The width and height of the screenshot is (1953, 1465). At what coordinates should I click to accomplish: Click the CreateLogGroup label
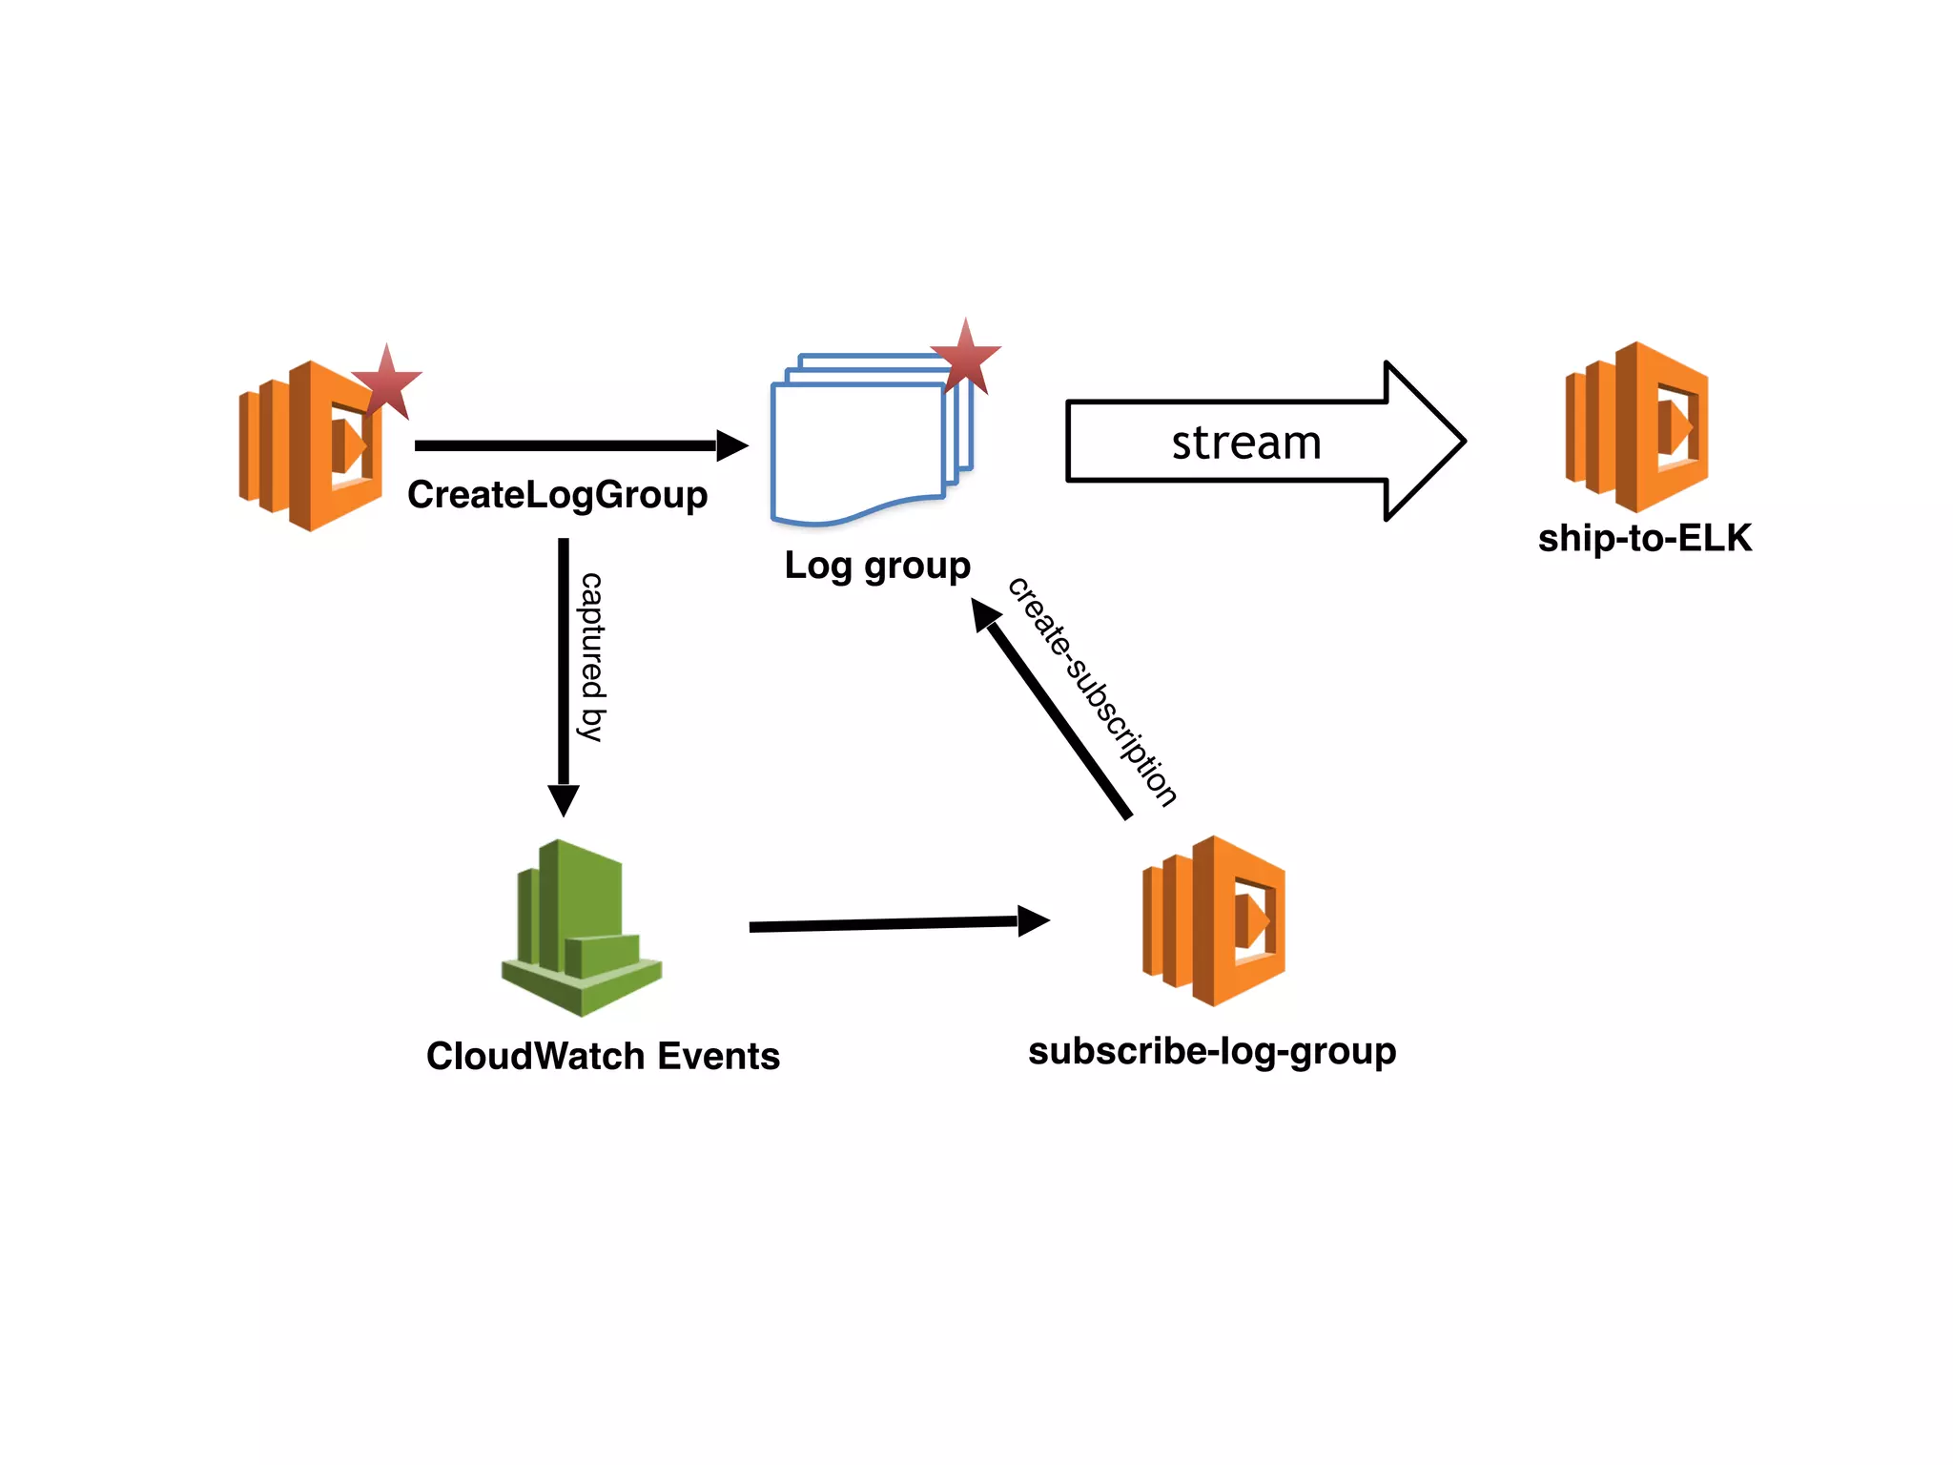tap(557, 495)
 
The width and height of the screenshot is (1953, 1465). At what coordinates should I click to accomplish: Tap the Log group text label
tap(876, 565)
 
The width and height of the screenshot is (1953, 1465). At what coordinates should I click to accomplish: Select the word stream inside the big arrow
tap(1245, 443)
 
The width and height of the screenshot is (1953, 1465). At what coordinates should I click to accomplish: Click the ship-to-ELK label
tap(1644, 538)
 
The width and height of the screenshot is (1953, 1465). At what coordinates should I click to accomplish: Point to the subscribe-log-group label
tap(1212, 1051)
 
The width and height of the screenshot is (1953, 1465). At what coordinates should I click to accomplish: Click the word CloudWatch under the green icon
tap(535, 1056)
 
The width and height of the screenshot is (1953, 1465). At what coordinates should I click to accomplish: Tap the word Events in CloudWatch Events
tap(718, 1056)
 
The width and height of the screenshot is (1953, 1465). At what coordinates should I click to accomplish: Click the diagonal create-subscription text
tap(1092, 691)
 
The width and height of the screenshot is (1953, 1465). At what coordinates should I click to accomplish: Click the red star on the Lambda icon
tap(386, 383)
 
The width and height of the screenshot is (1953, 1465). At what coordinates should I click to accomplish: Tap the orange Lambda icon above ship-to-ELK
tap(1636, 427)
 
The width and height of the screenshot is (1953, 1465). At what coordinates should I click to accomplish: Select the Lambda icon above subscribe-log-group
tap(1214, 921)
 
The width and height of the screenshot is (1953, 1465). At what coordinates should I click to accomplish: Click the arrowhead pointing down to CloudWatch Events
tap(564, 799)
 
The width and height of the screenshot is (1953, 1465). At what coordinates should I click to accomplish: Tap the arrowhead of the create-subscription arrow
tap(985, 612)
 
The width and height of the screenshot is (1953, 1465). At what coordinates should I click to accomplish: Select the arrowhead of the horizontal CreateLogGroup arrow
tap(730, 445)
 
